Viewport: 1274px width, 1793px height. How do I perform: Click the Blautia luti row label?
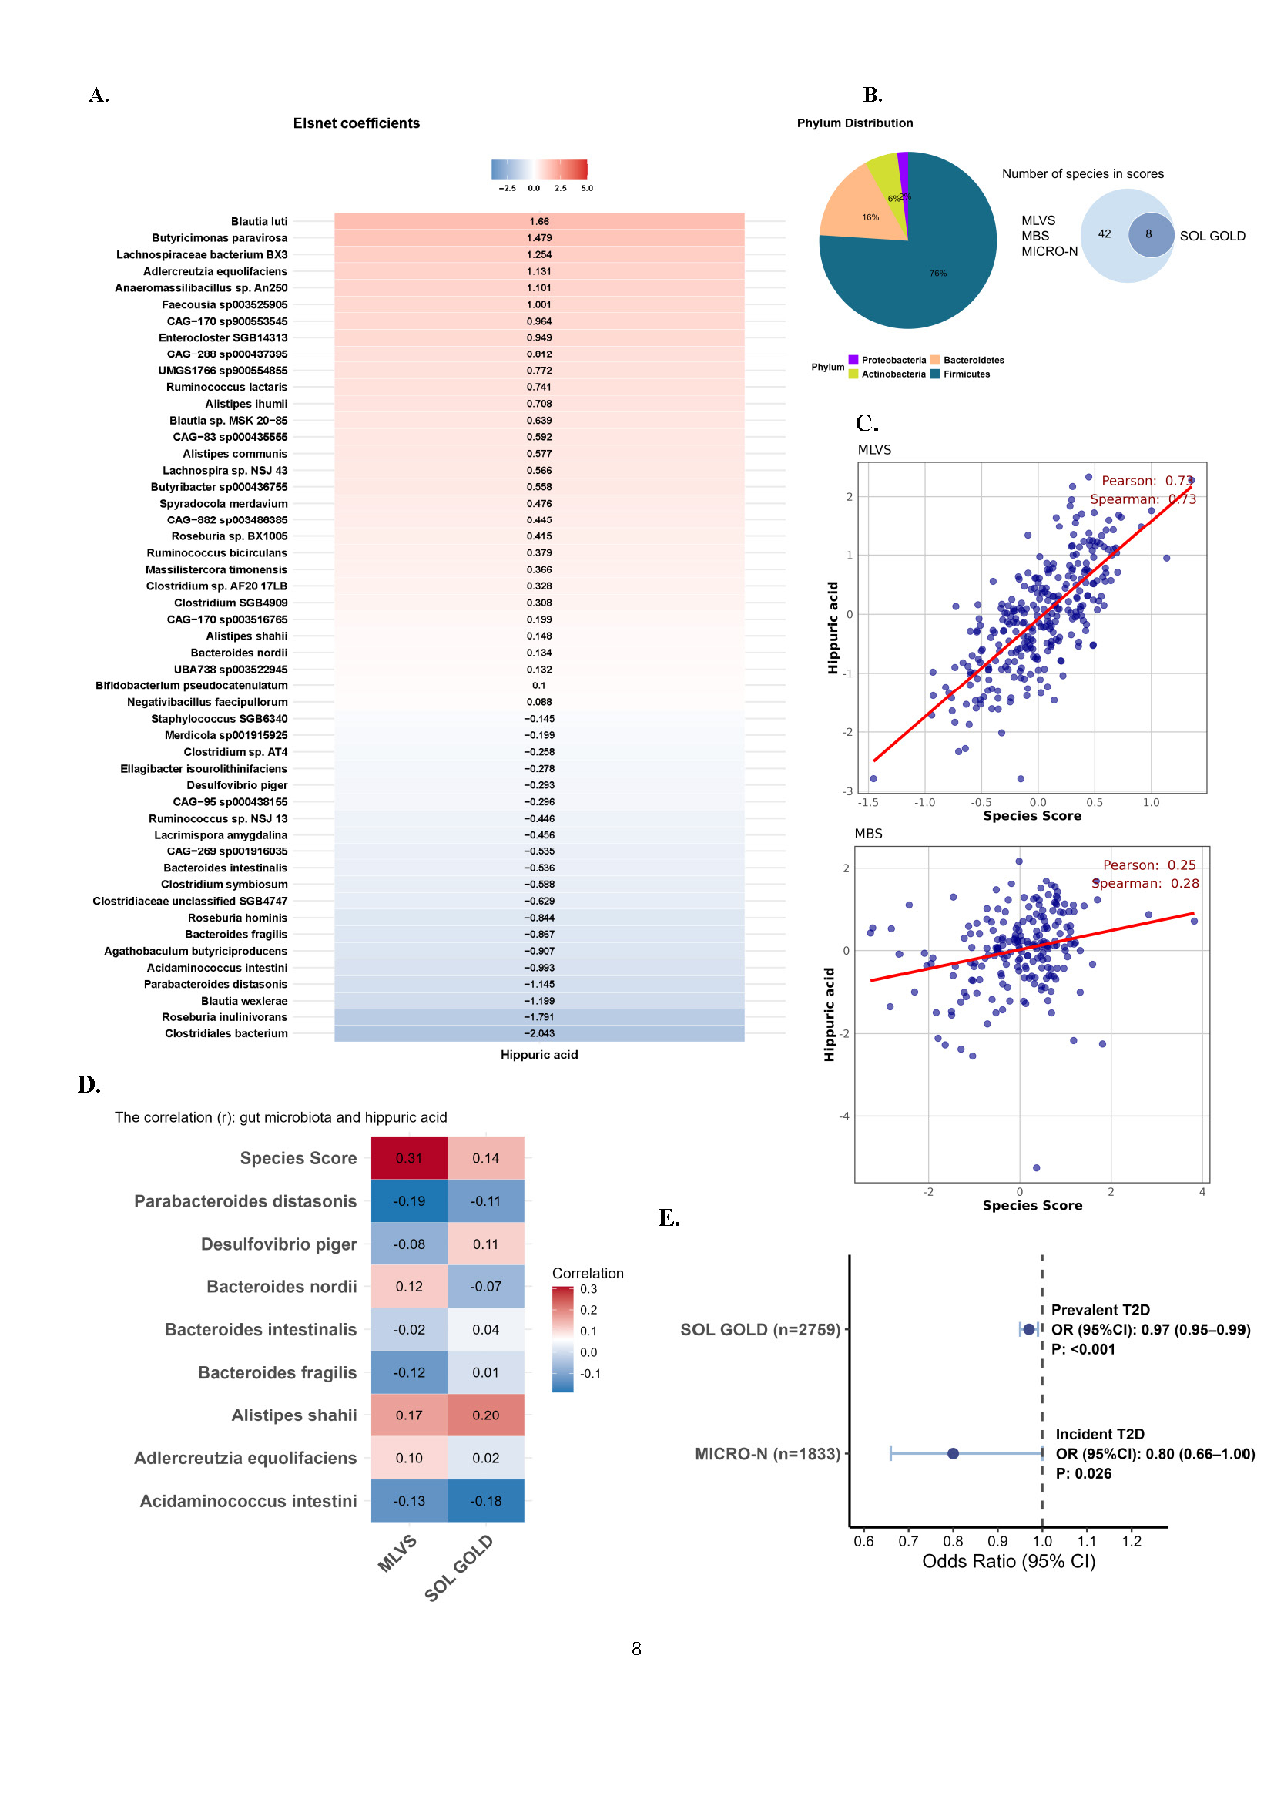pyautogui.click(x=259, y=221)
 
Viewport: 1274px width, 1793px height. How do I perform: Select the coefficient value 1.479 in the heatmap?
pyautogui.click(x=539, y=238)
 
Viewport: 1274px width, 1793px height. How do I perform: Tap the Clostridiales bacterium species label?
pyautogui.click(x=226, y=1033)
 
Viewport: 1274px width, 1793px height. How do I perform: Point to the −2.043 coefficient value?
pyautogui.click(x=539, y=1033)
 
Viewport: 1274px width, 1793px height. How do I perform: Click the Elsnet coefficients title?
pyautogui.click(x=356, y=123)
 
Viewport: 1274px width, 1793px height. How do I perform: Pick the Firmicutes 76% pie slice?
pyautogui.click(x=926, y=274)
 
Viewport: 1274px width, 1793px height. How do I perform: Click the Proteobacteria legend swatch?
pyautogui.click(x=853, y=360)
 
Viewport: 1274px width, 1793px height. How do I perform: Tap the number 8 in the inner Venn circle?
pyautogui.click(x=1148, y=233)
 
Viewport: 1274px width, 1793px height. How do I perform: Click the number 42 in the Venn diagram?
pyautogui.click(x=1105, y=233)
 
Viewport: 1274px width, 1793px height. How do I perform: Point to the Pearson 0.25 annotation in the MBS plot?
pyautogui.click(x=1149, y=865)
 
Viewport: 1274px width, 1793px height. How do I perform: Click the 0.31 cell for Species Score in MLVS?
pyautogui.click(x=409, y=1158)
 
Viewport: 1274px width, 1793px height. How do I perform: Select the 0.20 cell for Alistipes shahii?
pyautogui.click(x=485, y=1415)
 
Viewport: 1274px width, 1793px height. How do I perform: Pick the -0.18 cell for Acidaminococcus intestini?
pyautogui.click(x=485, y=1500)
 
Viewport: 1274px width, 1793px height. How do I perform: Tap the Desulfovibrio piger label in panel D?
pyautogui.click(x=279, y=1244)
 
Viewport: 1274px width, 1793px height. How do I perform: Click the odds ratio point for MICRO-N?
pyautogui.click(x=953, y=1453)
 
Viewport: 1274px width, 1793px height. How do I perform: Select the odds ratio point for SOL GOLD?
pyautogui.click(x=1029, y=1329)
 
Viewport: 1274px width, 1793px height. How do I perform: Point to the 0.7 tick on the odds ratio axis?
pyautogui.click(x=908, y=1541)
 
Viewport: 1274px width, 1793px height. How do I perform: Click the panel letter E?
pyautogui.click(x=669, y=1218)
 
